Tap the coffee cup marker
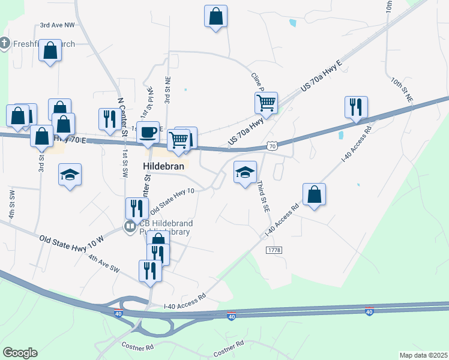point(148,133)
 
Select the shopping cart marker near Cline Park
point(266,102)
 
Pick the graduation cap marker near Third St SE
point(245,172)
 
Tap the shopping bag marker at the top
point(215,17)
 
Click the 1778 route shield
point(274,249)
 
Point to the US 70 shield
point(272,146)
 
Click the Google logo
point(20,353)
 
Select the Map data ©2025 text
point(424,355)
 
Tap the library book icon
point(129,226)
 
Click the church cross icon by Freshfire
point(5,43)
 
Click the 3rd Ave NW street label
point(58,26)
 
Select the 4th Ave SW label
point(104,264)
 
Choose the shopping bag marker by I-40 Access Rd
point(314,194)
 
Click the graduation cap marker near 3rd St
point(70,175)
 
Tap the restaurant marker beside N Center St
point(109,119)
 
